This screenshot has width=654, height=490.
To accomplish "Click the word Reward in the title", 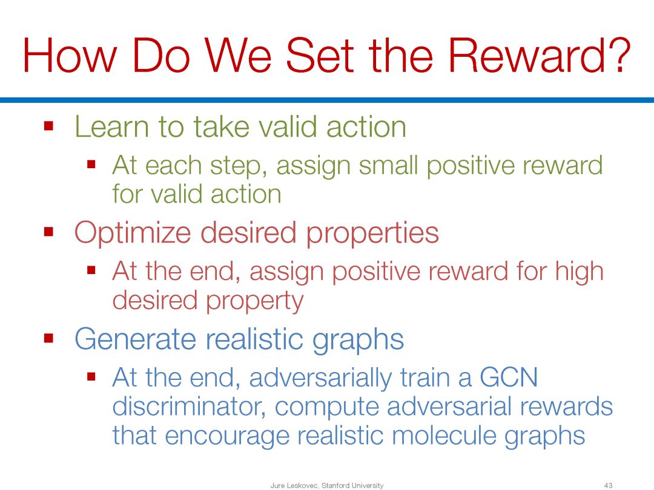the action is [x=526, y=56].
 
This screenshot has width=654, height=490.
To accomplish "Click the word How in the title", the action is [x=69, y=56].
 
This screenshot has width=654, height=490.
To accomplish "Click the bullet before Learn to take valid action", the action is [x=49, y=125].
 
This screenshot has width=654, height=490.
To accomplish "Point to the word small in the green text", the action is [x=388, y=165].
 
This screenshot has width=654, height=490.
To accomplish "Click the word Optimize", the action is [x=133, y=232].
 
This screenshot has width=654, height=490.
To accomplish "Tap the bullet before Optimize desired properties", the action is [x=49, y=231].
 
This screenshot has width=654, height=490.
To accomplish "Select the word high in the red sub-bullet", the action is [x=579, y=272].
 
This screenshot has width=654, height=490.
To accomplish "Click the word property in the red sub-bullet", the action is [x=255, y=302].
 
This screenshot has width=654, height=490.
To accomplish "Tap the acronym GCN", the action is [x=509, y=377].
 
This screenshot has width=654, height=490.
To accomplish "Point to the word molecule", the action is [x=444, y=436].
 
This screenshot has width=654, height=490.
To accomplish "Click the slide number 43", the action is [x=608, y=485].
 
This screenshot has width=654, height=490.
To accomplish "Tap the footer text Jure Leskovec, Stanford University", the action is [x=326, y=485].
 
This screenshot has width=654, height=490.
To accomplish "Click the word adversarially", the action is [x=320, y=378].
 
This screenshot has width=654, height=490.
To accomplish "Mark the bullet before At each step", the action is [x=91, y=164].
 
